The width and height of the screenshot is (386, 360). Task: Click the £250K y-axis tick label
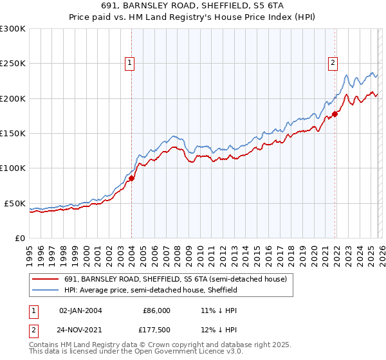(x=13, y=64)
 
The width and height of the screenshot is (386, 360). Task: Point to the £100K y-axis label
(x=13, y=168)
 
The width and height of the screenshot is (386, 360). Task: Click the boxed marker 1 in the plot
(x=130, y=63)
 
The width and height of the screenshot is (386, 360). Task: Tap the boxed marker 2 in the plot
(x=333, y=63)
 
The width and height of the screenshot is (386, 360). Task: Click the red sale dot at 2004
(x=132, y=178)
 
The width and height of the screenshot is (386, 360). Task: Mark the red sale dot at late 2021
(x=335, y=114)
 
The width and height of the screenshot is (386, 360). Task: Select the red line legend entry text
(x=179, y=280)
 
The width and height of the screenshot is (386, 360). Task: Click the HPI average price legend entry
(x=151, y=291)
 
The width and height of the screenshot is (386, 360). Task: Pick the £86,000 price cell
(x=157, y=310)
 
